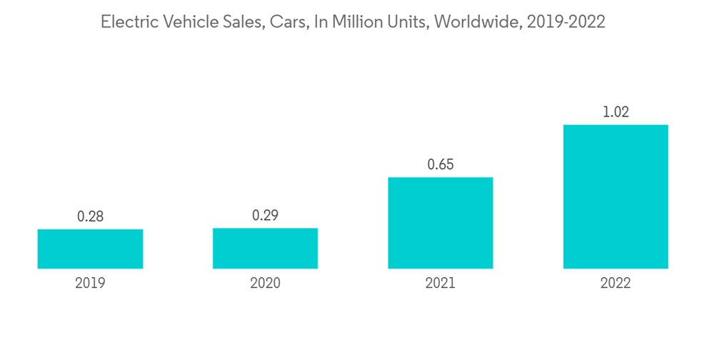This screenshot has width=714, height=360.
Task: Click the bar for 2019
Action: click(90, 249)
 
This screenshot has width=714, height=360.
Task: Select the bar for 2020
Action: click(265, 248)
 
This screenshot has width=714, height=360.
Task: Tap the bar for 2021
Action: click(440, 223)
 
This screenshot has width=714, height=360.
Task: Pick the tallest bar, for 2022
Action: click(615, 196)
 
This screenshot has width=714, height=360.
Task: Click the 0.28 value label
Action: click(90, 216)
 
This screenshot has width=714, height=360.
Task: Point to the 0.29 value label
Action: click(265, 216)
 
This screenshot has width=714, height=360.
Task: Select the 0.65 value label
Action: click(441, 164)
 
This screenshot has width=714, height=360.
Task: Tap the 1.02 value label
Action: click(615, 112)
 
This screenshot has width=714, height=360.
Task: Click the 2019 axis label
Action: click(90, 283)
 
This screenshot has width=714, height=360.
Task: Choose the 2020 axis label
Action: click(265, 283)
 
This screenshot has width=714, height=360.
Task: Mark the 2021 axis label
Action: click(441, 283)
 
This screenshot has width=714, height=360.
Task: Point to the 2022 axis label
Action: click(615, 283)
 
